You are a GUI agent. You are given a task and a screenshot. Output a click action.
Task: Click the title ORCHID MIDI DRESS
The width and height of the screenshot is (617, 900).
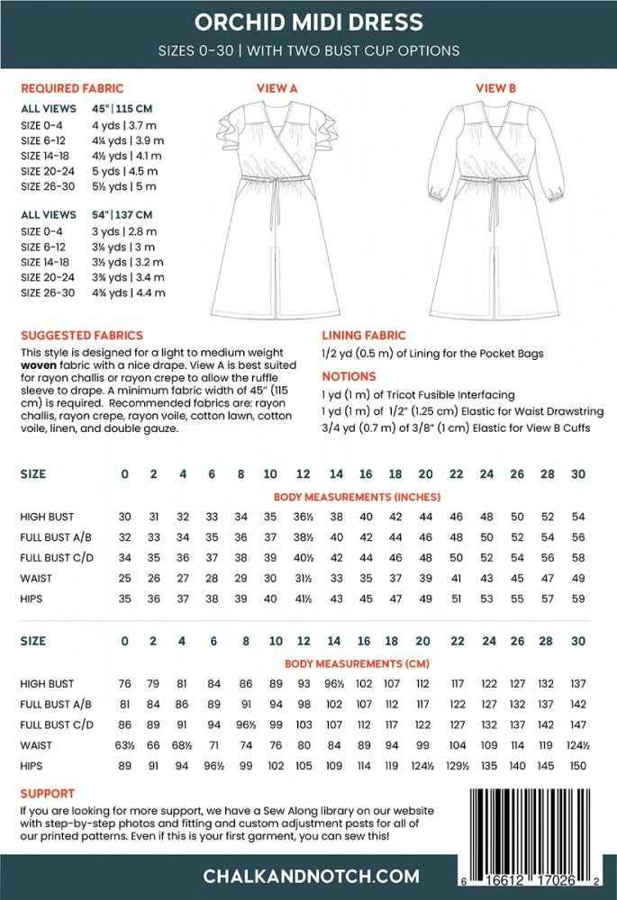[x=308, y=22]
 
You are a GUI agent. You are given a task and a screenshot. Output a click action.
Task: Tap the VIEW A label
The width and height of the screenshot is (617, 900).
[x=278, y=88]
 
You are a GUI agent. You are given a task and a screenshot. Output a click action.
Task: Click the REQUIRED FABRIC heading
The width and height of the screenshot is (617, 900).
[x=72, y=89]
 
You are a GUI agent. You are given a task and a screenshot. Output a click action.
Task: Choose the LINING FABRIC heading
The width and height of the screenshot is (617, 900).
[x=364, y=335]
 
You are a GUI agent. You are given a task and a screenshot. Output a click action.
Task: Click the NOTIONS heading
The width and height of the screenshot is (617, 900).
[x=349, y=376]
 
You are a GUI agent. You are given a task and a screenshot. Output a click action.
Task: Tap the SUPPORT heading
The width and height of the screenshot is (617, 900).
[x=48, y=795]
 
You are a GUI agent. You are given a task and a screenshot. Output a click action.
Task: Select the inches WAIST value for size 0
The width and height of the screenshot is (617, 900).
[x=125, y=578]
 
